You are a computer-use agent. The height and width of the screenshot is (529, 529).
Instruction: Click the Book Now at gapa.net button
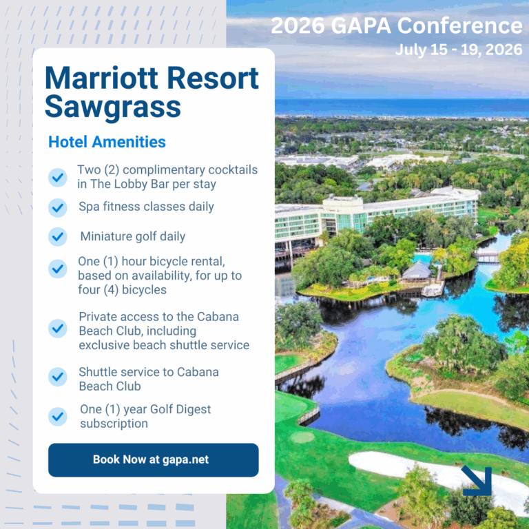(x=153, y=460)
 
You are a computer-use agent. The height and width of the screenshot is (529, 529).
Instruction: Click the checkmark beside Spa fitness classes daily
(x=58, y=207)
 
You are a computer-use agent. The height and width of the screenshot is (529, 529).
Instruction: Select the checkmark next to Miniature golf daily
(x=58, y=236)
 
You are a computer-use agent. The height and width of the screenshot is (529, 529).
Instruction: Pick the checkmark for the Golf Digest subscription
(x=58, y=416)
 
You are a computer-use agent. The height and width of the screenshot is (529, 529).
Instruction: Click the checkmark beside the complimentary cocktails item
(x=58, y=178)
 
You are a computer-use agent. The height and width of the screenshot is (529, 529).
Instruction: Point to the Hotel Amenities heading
(x=107, y=142)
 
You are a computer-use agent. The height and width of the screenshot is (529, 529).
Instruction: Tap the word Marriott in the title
(x=102, y=79)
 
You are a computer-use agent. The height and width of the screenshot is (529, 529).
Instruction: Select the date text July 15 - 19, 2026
(x=459, y=50)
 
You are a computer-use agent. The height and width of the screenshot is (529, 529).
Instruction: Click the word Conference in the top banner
(x=460, y=25)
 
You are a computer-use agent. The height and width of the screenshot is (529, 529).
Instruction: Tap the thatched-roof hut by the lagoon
(x=417, y=271)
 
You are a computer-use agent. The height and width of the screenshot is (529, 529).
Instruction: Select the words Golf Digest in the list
(x=180, y=409)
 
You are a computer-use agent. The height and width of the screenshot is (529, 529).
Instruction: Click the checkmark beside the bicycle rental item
(x=58, y=269)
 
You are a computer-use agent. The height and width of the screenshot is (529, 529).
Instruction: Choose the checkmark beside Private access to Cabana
(x=58, y=329)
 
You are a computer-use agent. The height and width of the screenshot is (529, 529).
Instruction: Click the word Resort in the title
(x=213, y=79)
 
